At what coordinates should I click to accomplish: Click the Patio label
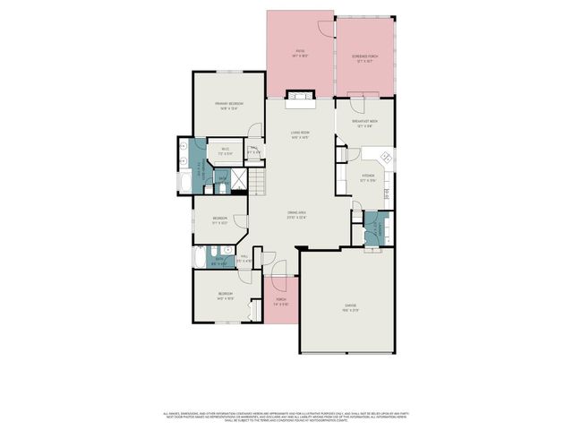click(300, 53)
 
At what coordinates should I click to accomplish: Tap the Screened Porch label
click(363, 57)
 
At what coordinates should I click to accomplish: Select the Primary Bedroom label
click(229, 106)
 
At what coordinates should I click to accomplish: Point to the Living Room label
click(300, 135)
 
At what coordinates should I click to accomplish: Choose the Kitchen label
click(368, 177)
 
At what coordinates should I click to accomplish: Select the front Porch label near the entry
click(281, 302)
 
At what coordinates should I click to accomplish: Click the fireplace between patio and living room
click(299, 97)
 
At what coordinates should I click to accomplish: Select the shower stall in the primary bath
click(239, 182)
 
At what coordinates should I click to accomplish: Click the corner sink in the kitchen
click(389, 159)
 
